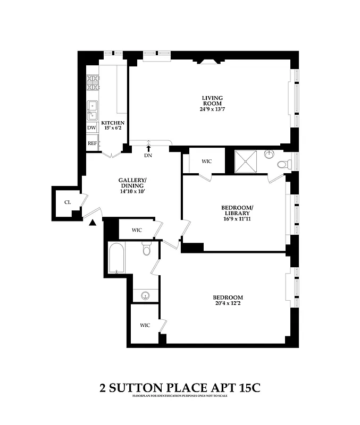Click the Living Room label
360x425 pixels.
(212, 100)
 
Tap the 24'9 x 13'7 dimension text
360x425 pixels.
(212, 110)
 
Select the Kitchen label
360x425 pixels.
(113, 123)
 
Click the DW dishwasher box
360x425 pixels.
(91, 128)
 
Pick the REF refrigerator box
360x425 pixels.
(92, 143)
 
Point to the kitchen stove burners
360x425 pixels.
(93, 83)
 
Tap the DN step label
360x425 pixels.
(148, 156)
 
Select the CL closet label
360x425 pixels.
(68, 202)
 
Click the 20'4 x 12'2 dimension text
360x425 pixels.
(228, 304)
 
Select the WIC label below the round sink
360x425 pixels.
(145, 325)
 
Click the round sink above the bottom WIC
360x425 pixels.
(145, 295)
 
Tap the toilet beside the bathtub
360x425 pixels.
(147, 249)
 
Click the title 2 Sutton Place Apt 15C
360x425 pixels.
(180, 388)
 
